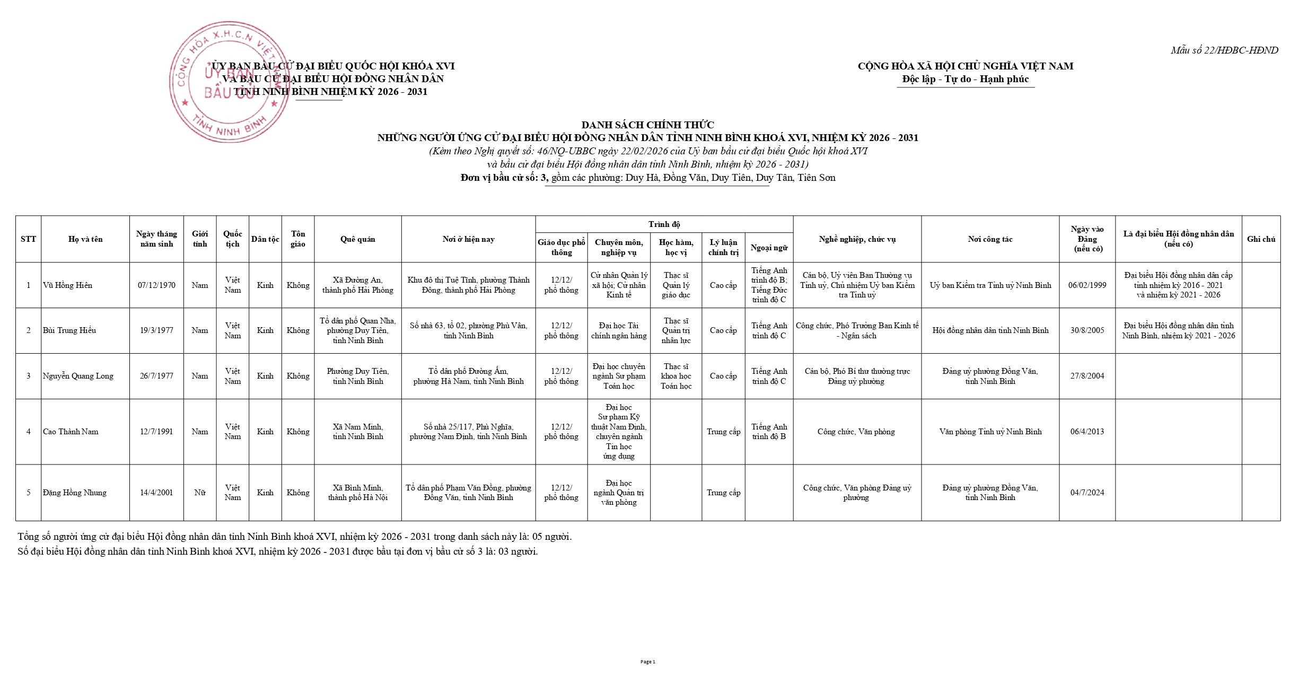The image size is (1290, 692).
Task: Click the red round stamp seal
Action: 229,82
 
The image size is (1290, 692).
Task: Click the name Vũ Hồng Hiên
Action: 67,285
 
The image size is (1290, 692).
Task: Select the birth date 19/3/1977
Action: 156,330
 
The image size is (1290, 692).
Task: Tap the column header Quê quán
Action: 357,239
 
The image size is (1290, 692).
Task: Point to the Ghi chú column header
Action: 1261,239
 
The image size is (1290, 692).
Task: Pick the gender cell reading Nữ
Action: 200,493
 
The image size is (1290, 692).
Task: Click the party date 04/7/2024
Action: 1087,493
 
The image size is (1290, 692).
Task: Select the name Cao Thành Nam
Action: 71,432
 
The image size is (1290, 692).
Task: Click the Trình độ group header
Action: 664,224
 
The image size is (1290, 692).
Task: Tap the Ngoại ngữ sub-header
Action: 769,248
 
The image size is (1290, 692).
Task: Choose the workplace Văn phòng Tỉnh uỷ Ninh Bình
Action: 990,432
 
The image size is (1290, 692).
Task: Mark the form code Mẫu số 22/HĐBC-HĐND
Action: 1224,50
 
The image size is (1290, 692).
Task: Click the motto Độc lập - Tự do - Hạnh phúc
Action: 965,80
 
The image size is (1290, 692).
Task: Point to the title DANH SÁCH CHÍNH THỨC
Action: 647,125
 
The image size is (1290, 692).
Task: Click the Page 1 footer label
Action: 647,662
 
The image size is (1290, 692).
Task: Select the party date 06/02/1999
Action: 1087,285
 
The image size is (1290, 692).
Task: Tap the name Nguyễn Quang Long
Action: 78,376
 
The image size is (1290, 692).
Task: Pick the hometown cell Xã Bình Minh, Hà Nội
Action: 357,493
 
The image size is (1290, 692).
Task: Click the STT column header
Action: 28,239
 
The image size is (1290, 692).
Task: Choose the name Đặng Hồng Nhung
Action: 74,493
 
